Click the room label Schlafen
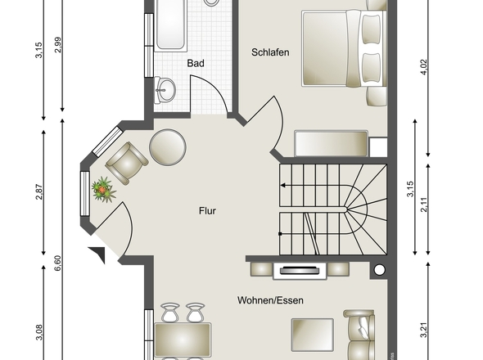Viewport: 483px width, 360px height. [x=270, y=52]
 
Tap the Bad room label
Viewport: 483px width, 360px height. [x=196, y=64]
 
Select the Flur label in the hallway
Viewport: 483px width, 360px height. [x=207, y=211]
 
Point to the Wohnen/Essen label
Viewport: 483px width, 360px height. [x=270, y=300]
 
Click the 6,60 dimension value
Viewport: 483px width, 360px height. [x=57, y=263]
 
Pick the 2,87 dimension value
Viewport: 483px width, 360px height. [x=39, y=191]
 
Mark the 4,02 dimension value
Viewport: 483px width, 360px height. [x=424, y=67]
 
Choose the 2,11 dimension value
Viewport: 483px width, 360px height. [x=424, y=205]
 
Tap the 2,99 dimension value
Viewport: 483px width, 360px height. [x=57, y=45]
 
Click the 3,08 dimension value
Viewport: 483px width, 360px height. [x=39, y=332]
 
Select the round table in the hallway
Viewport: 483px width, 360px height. [x=168, y=147]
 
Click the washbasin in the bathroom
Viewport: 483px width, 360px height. [x=165, y=90]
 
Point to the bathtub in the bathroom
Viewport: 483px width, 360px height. [x=170, y=25]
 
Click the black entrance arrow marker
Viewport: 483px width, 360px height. [x=99, y=254]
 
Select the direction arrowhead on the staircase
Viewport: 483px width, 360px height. [x=282, y=186]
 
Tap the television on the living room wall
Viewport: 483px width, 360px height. [x=300, y=270]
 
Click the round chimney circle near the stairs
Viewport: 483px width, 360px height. [x=380, y=270]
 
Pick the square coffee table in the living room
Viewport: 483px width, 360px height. [x=313, y=335]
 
